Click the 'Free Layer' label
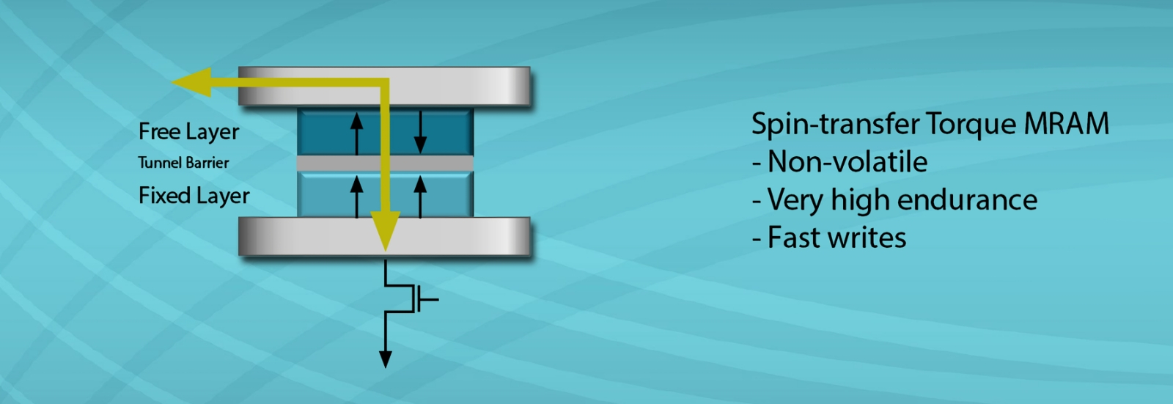(188, 132)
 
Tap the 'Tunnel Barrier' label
(183, 163)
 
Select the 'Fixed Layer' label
(194, 196)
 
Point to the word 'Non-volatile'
(847, 162)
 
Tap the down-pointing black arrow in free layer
(420, 133)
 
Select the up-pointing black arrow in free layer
(357, 133)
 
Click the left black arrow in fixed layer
(357, 197)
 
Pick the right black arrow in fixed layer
(420, 197)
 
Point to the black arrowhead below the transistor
(385, 359)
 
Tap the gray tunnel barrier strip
(323, 163)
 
